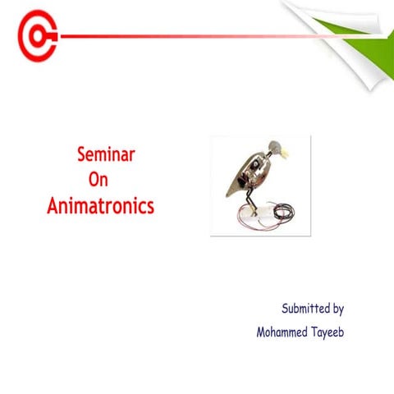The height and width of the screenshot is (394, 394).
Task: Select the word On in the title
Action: [98, 179]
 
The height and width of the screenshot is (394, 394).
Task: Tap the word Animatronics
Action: [100, 205]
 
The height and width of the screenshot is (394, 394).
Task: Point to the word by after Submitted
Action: [337, 310]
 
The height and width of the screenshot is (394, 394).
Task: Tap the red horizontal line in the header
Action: [181, 37]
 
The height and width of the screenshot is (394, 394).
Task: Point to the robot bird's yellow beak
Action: [285, 151]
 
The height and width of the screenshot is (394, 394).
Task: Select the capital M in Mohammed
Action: [262, 333]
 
